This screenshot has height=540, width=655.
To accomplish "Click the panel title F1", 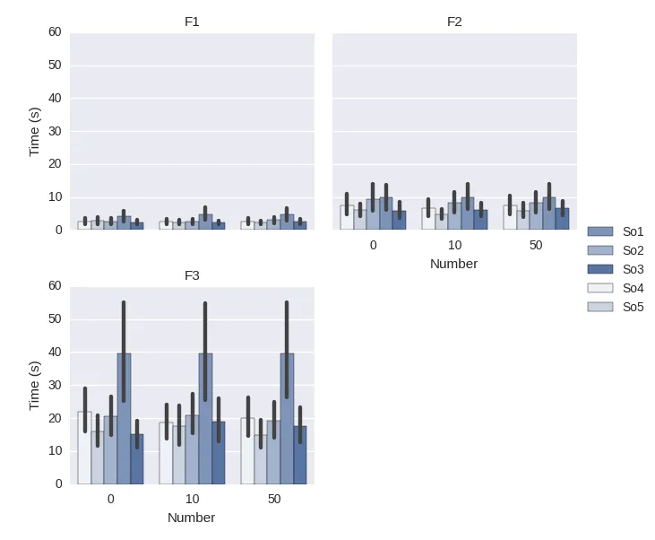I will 192,22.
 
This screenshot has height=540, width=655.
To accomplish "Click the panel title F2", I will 454,22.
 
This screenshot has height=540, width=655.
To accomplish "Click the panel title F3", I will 192,275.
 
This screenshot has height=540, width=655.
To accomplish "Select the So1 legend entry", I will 633,231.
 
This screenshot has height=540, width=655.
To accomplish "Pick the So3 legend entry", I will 633,269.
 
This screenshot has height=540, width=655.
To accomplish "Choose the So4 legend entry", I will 633,288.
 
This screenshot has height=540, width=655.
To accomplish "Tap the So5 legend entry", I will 633,307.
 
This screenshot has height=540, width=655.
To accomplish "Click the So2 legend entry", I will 633,250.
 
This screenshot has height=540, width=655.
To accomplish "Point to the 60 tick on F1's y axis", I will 55,32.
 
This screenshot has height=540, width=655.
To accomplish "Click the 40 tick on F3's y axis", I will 55,353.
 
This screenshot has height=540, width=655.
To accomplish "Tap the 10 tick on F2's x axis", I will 454,245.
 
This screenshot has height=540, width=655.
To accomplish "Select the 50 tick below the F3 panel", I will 274,499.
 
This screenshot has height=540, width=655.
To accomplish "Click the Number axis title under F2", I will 454,264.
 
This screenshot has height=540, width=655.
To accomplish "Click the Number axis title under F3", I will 192,518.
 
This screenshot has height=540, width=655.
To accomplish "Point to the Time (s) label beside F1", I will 35,131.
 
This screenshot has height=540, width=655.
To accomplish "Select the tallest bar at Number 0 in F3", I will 124,419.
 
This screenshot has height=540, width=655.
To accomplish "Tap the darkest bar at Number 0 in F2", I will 399,220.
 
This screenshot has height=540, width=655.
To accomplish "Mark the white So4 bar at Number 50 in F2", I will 510,217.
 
